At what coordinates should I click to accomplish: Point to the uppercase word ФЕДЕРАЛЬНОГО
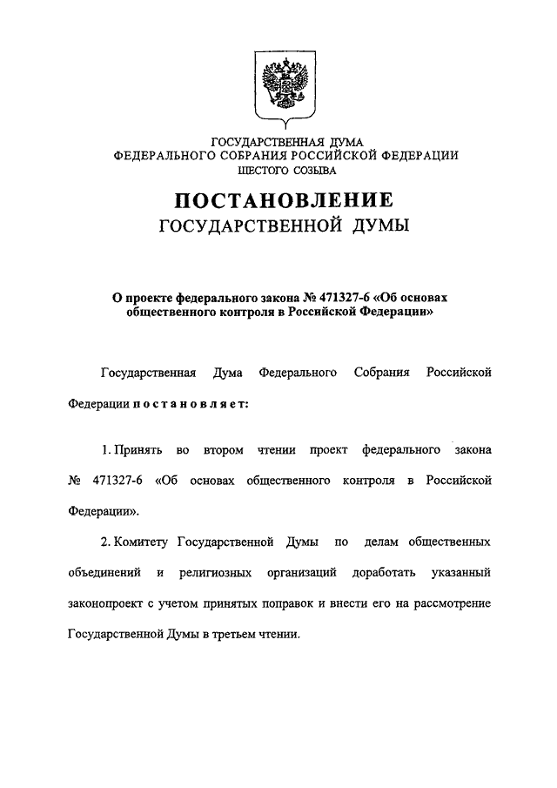point(164,154)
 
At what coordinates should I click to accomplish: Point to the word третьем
point(231,636)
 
